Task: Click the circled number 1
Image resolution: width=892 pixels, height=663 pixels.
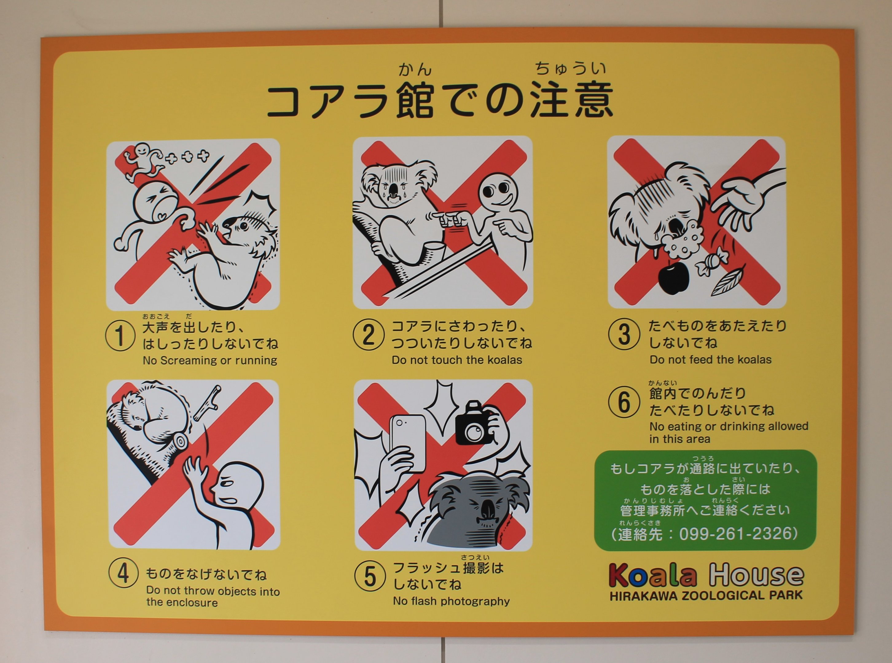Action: coord(120,336)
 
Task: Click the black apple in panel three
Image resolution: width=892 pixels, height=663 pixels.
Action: coord(674,277)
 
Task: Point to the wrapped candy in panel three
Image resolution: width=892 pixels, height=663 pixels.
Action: coord(710,261)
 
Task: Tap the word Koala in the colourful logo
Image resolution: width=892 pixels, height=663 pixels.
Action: coord(653,575)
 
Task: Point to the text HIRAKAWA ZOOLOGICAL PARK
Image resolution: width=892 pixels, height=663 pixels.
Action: coord(706,595)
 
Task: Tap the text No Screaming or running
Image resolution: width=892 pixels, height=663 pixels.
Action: coord(210,360)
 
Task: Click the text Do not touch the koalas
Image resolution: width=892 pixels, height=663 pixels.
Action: coord(457,360)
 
